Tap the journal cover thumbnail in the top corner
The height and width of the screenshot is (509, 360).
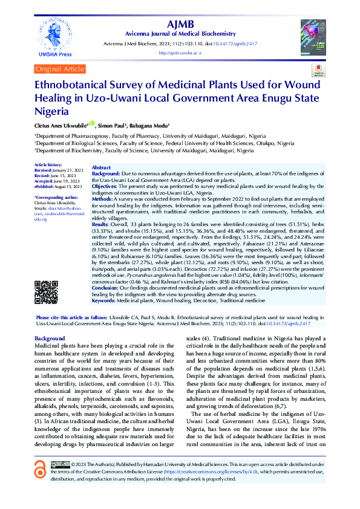click(x=313, y=34)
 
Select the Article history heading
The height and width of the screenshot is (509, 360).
click(x=47, y=164)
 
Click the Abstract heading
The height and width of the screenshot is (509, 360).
click(x=101, y=167)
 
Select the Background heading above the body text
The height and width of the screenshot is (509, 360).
click(x=50, y=338)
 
